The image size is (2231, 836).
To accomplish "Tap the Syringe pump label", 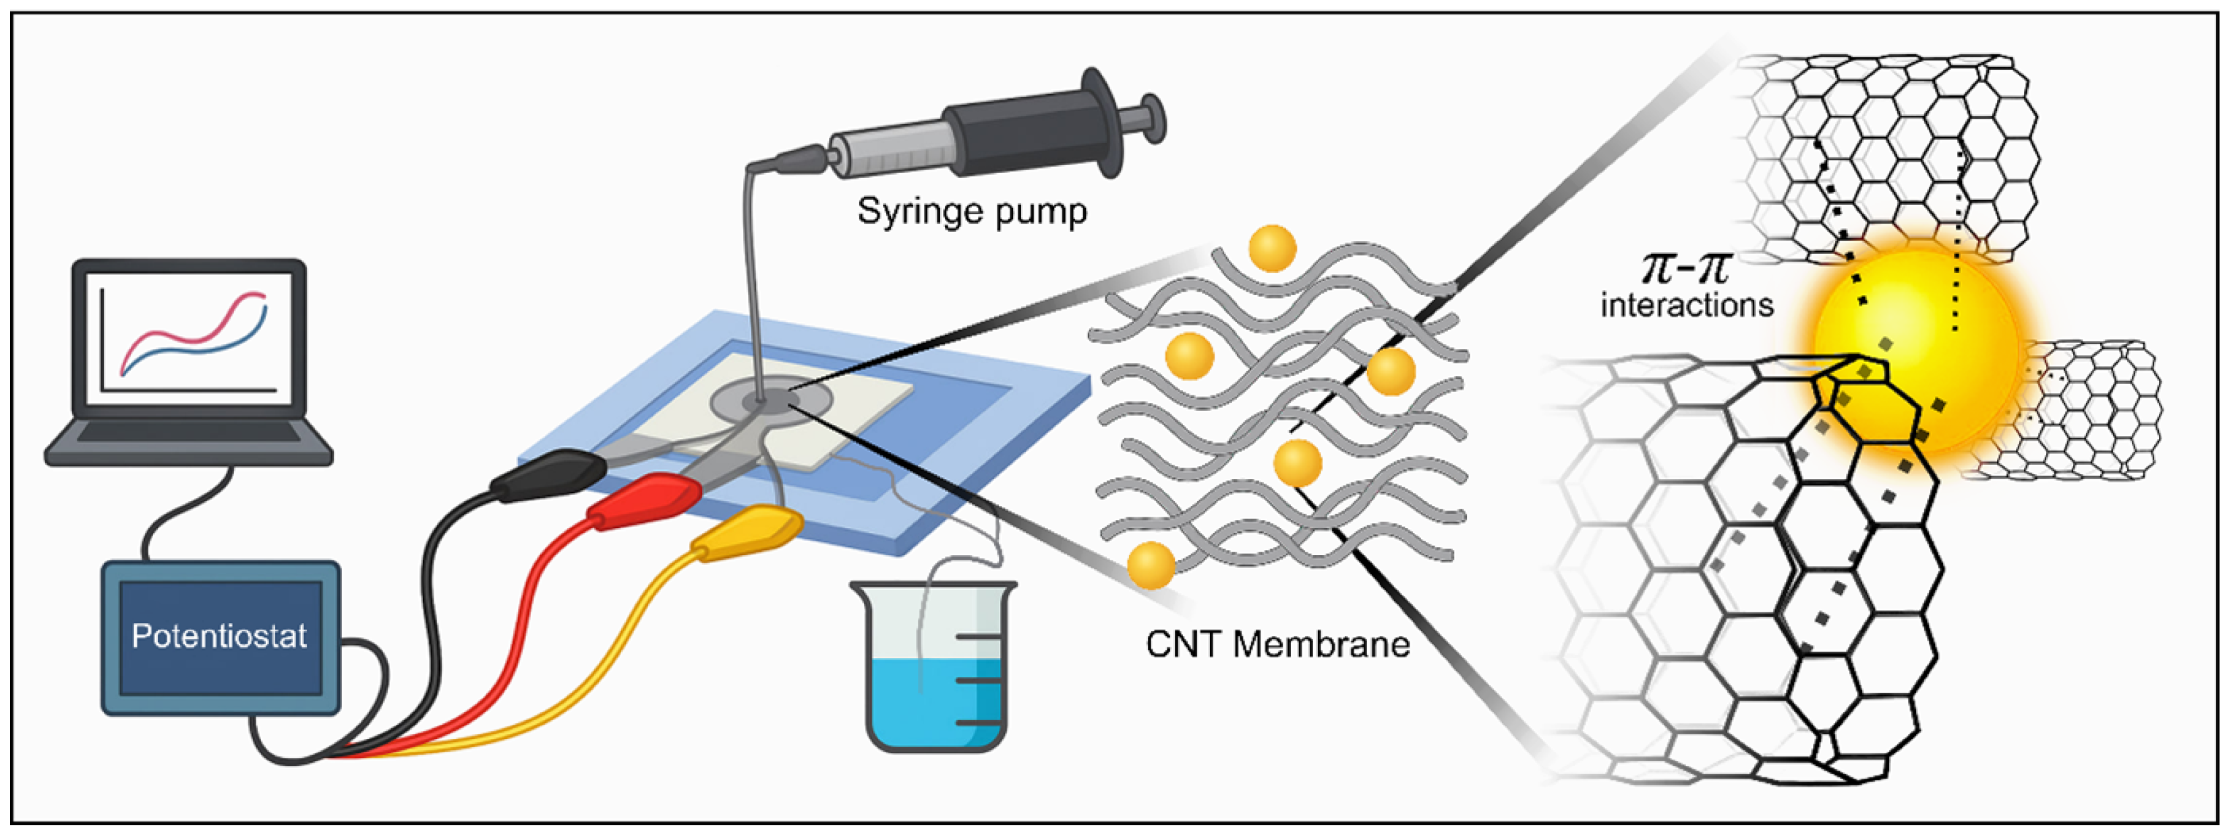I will (972, 211).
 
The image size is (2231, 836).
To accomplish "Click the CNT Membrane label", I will (1277, 645).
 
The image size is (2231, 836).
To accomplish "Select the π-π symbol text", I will (1685, 268).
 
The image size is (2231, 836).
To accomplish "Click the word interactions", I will (1686, 305).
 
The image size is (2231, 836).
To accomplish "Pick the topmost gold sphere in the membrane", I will (1272, 249).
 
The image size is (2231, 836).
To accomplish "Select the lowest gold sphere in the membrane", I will (1151, 565).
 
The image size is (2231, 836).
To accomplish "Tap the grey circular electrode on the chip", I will (771, 400).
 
